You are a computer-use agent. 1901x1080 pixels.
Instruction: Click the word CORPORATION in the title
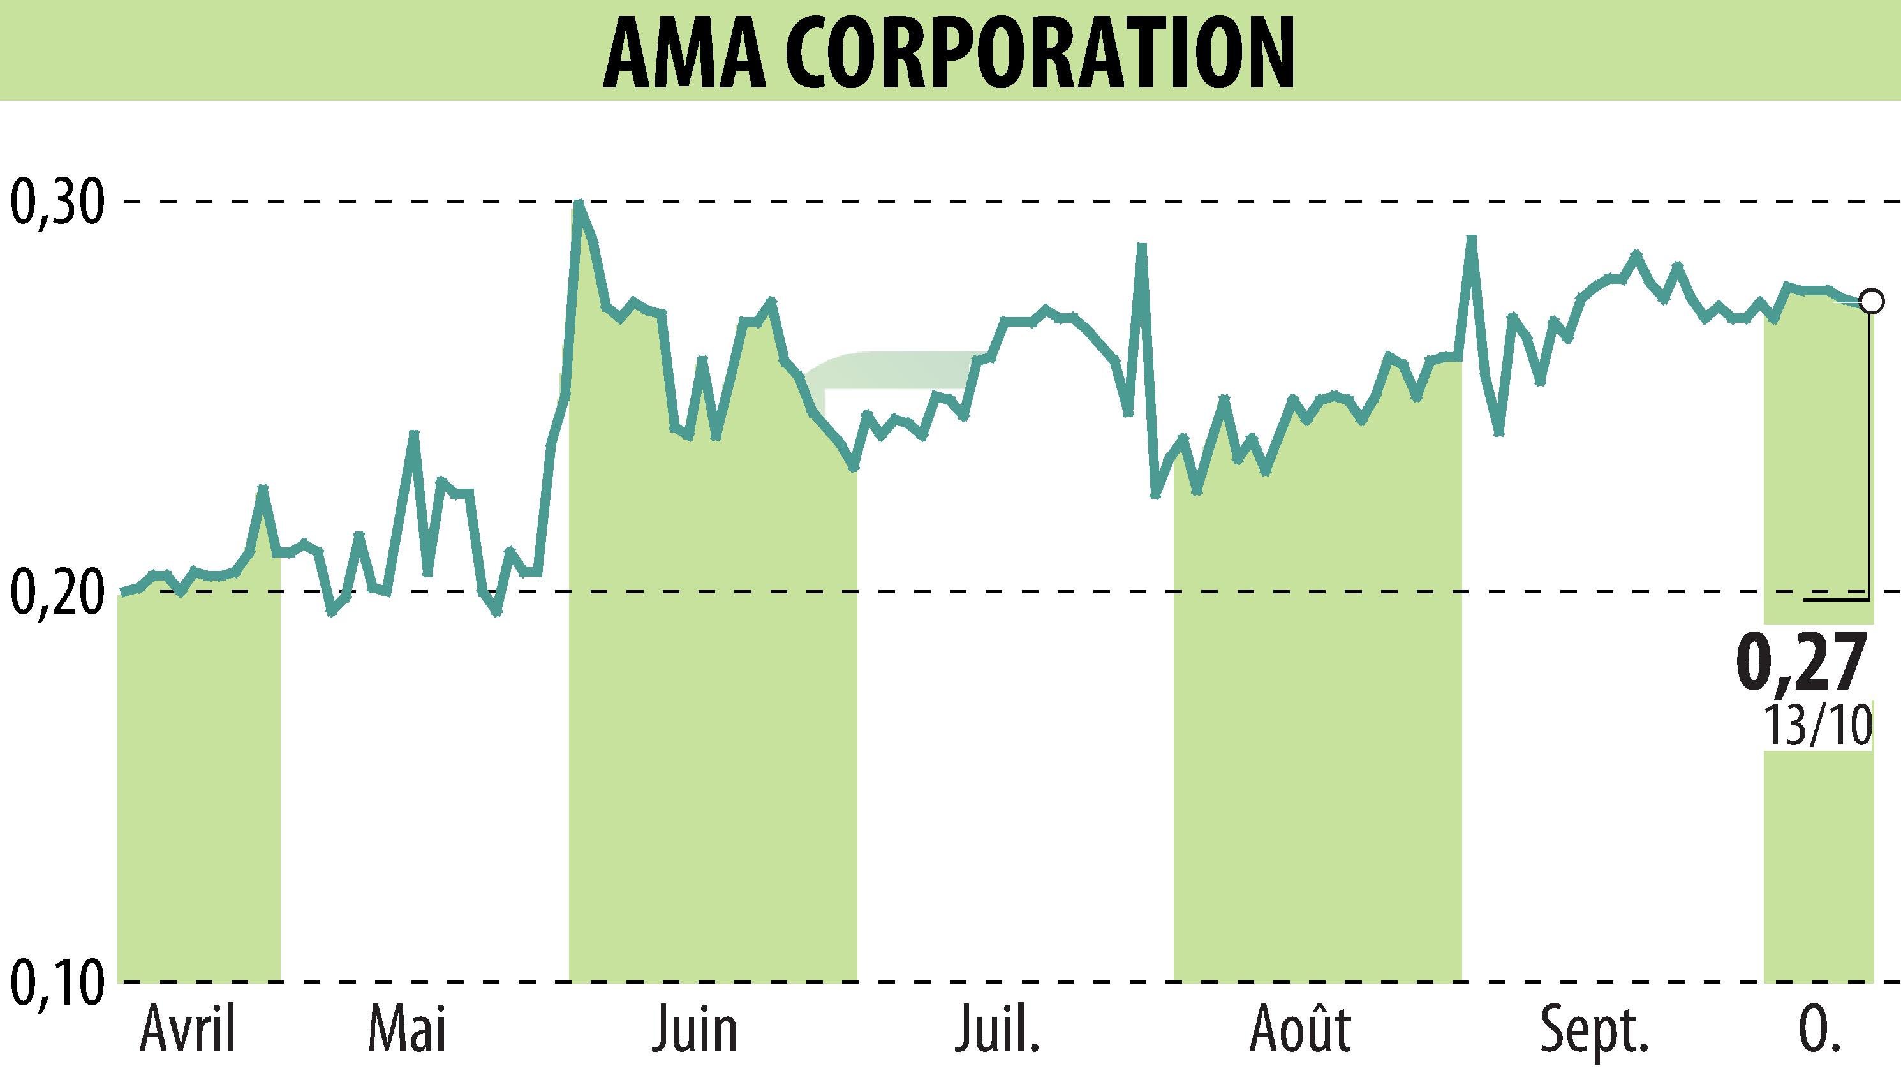(1040, 52)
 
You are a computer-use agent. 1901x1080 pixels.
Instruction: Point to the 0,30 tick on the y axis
(55, 201)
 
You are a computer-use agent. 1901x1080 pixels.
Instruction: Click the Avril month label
(188, 1030)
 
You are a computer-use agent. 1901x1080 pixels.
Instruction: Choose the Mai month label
(408, 1030)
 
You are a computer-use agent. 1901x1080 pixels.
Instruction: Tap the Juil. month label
(997, 1030)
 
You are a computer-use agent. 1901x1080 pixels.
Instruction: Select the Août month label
(1299, 1030)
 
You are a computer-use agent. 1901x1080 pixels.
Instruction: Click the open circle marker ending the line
(1871, 302)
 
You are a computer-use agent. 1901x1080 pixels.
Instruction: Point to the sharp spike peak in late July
(1143, 246)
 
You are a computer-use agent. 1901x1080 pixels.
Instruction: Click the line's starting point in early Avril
(122, 593)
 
